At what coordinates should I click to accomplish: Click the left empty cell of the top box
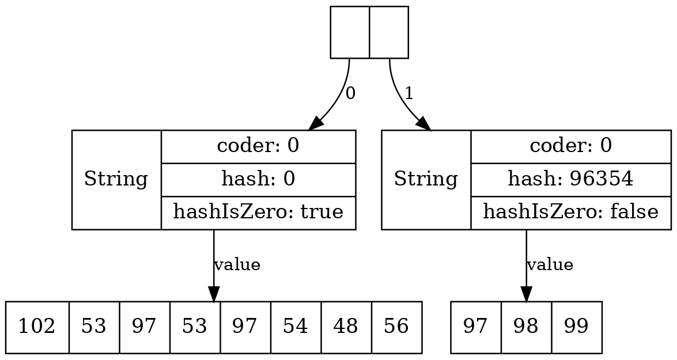[350, 32]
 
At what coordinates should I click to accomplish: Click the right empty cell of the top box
[389, 32]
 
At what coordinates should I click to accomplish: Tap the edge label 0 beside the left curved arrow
[350, 93]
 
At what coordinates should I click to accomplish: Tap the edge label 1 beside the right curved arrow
[409, 93]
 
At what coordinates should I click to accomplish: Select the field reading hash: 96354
[570, 180]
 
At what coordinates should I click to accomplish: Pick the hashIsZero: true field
[258, 213]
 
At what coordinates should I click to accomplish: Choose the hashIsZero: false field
[570, 213]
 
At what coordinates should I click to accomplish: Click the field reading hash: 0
[258, 180]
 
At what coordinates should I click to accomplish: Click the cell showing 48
[346, 327]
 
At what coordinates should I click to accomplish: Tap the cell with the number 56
[397, 327]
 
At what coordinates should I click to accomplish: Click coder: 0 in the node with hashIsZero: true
[258, 146]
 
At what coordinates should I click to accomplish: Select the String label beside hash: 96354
[426, 180]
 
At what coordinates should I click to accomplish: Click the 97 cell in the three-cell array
[476, 327]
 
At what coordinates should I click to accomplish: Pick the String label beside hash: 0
[116, 180]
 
